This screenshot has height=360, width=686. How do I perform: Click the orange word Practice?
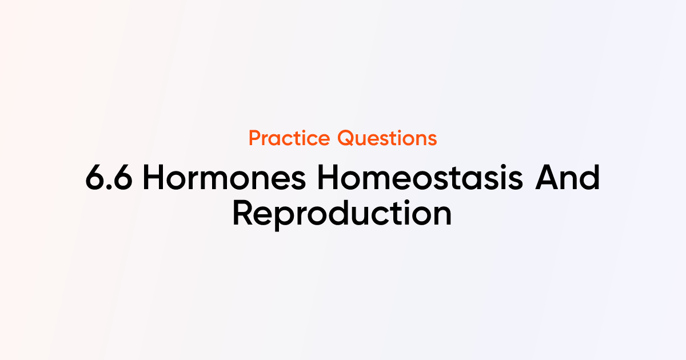[x=290, y=138]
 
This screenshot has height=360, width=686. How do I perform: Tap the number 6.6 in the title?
[x=109, y=179]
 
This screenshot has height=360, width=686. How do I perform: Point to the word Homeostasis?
[x=420, y=179]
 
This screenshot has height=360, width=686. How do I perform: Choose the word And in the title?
[x=567, y=179]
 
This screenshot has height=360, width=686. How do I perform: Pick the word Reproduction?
[x=342, y=214]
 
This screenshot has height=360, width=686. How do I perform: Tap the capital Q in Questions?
[x=346, y=138]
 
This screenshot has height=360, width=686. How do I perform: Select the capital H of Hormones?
[x=154, y=179]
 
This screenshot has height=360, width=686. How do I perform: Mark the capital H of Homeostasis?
[x=329, y=179]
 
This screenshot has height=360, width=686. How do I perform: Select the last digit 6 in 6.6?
[x=123, y=179]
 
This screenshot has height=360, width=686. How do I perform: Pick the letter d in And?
[x=589, y=179]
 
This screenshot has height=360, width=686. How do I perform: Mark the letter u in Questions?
[x=362, y=140]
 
